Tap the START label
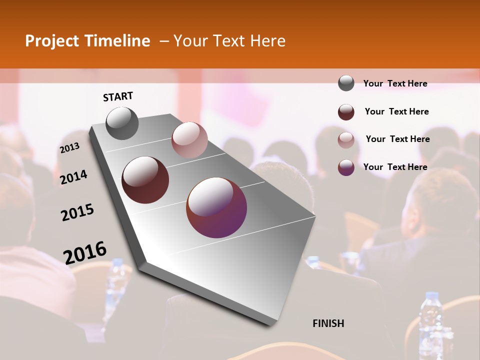pyautogui.click(x=118, y=96)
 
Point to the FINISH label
pyautogui.click(x=328, y=323)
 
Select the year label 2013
pyautogui.click(x=69, y=148)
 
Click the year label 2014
pyautogui.click(x=73, y=177)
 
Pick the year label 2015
pyautogui.click(x=77, y=212)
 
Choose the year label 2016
pyautogui.click(x=85, y=253)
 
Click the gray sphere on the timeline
pyautogui.click(x=122, y=123)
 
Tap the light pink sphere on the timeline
pyautogui.click(x=189, y=140)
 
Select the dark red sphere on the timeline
pyautogui.click(x=145, y=180)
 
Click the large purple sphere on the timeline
pyautogui.click(x=216, y=207)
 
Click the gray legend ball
pyautogui.click(x=346, y=83)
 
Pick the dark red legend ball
pyautogui.click(x=346, y=112)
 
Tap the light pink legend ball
pyautogui.click(x=346, y=139)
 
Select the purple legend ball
pyautogui.click(x=346, y=167)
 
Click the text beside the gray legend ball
pyautogui.click(x=395, y=83)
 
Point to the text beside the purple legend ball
pyautogui.click(x=395, y=167)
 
